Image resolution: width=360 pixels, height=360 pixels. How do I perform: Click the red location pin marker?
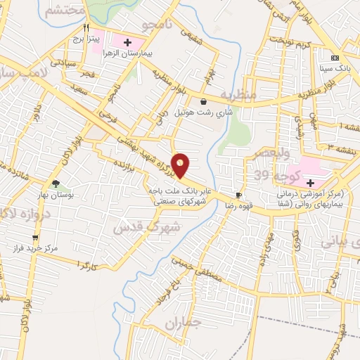[181, 165]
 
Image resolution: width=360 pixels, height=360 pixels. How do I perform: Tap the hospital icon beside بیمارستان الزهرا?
[127, 42]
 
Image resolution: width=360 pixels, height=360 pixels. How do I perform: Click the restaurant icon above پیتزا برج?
[87, 28]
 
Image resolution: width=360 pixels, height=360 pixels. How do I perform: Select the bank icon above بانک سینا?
[335, 58]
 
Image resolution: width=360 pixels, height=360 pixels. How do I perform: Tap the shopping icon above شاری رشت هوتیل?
[203, 101]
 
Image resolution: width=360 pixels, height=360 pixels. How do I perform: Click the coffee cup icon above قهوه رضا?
[239, 195]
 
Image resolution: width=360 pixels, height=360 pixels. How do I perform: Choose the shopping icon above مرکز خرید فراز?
[35, 238]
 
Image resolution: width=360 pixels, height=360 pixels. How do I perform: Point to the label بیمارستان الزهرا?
[130, 53]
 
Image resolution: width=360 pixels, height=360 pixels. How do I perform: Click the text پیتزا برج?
[89, 39]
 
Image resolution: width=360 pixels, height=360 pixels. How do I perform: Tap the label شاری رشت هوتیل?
[204, 112]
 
